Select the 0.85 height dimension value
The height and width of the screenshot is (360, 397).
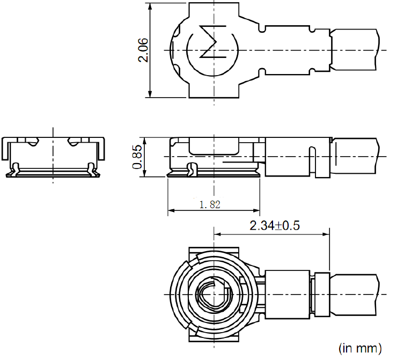pos(137,157)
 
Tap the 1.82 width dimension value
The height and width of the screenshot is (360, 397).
pos(210,204)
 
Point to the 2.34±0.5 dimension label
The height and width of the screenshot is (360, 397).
pos(274,225)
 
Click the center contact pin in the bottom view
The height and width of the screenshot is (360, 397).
pos(214,295)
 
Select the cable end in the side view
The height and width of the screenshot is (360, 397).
pos(357,156)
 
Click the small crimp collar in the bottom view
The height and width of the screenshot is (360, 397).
pos(322,294)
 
